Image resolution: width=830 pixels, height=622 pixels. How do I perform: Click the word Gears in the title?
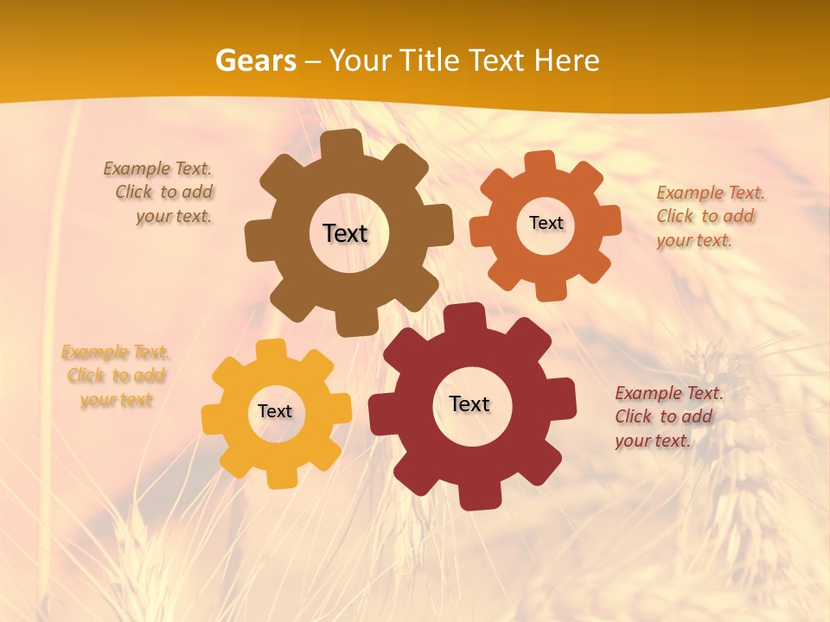point(255,60)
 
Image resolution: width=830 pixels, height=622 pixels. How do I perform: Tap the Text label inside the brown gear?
point(345,233)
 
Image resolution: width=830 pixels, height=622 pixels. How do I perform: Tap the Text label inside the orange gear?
point(546,223)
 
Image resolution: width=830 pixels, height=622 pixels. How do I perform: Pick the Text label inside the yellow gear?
point(275,411)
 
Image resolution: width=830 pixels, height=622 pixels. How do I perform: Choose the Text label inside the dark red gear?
point(469,403)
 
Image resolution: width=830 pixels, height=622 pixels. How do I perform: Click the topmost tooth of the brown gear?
point(346,143)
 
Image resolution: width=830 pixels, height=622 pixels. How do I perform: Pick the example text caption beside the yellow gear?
point(116,376)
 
